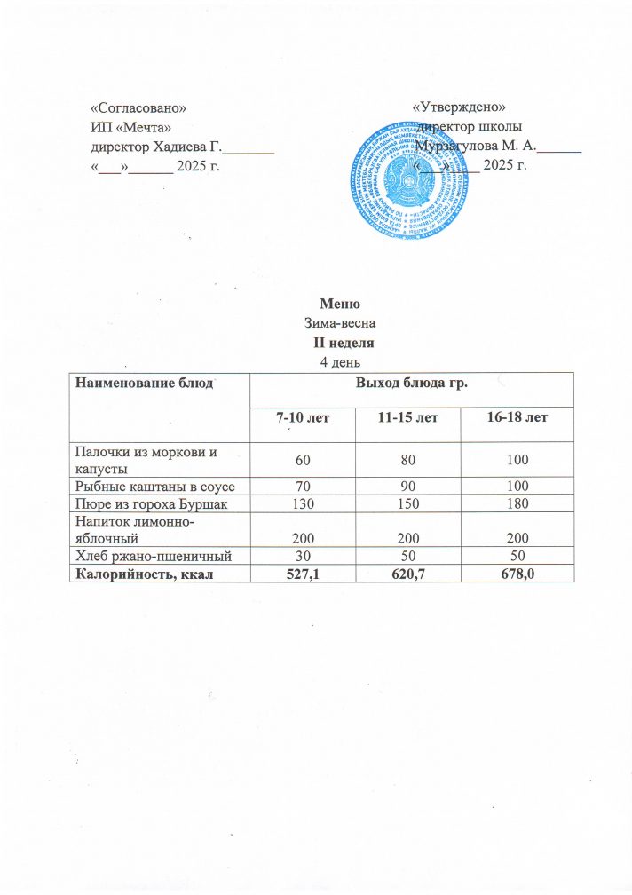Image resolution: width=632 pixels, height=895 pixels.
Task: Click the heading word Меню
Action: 333,307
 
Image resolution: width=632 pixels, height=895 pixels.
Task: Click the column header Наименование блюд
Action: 145,384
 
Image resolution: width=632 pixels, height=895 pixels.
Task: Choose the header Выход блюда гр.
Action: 412,384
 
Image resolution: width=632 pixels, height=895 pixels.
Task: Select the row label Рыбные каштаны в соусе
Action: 156,487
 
